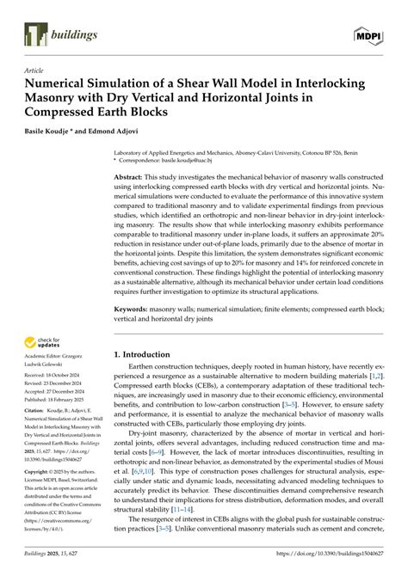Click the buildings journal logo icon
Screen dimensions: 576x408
[32, 34]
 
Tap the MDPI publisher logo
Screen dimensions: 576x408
[369, 34]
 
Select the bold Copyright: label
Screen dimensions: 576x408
[40, 473]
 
